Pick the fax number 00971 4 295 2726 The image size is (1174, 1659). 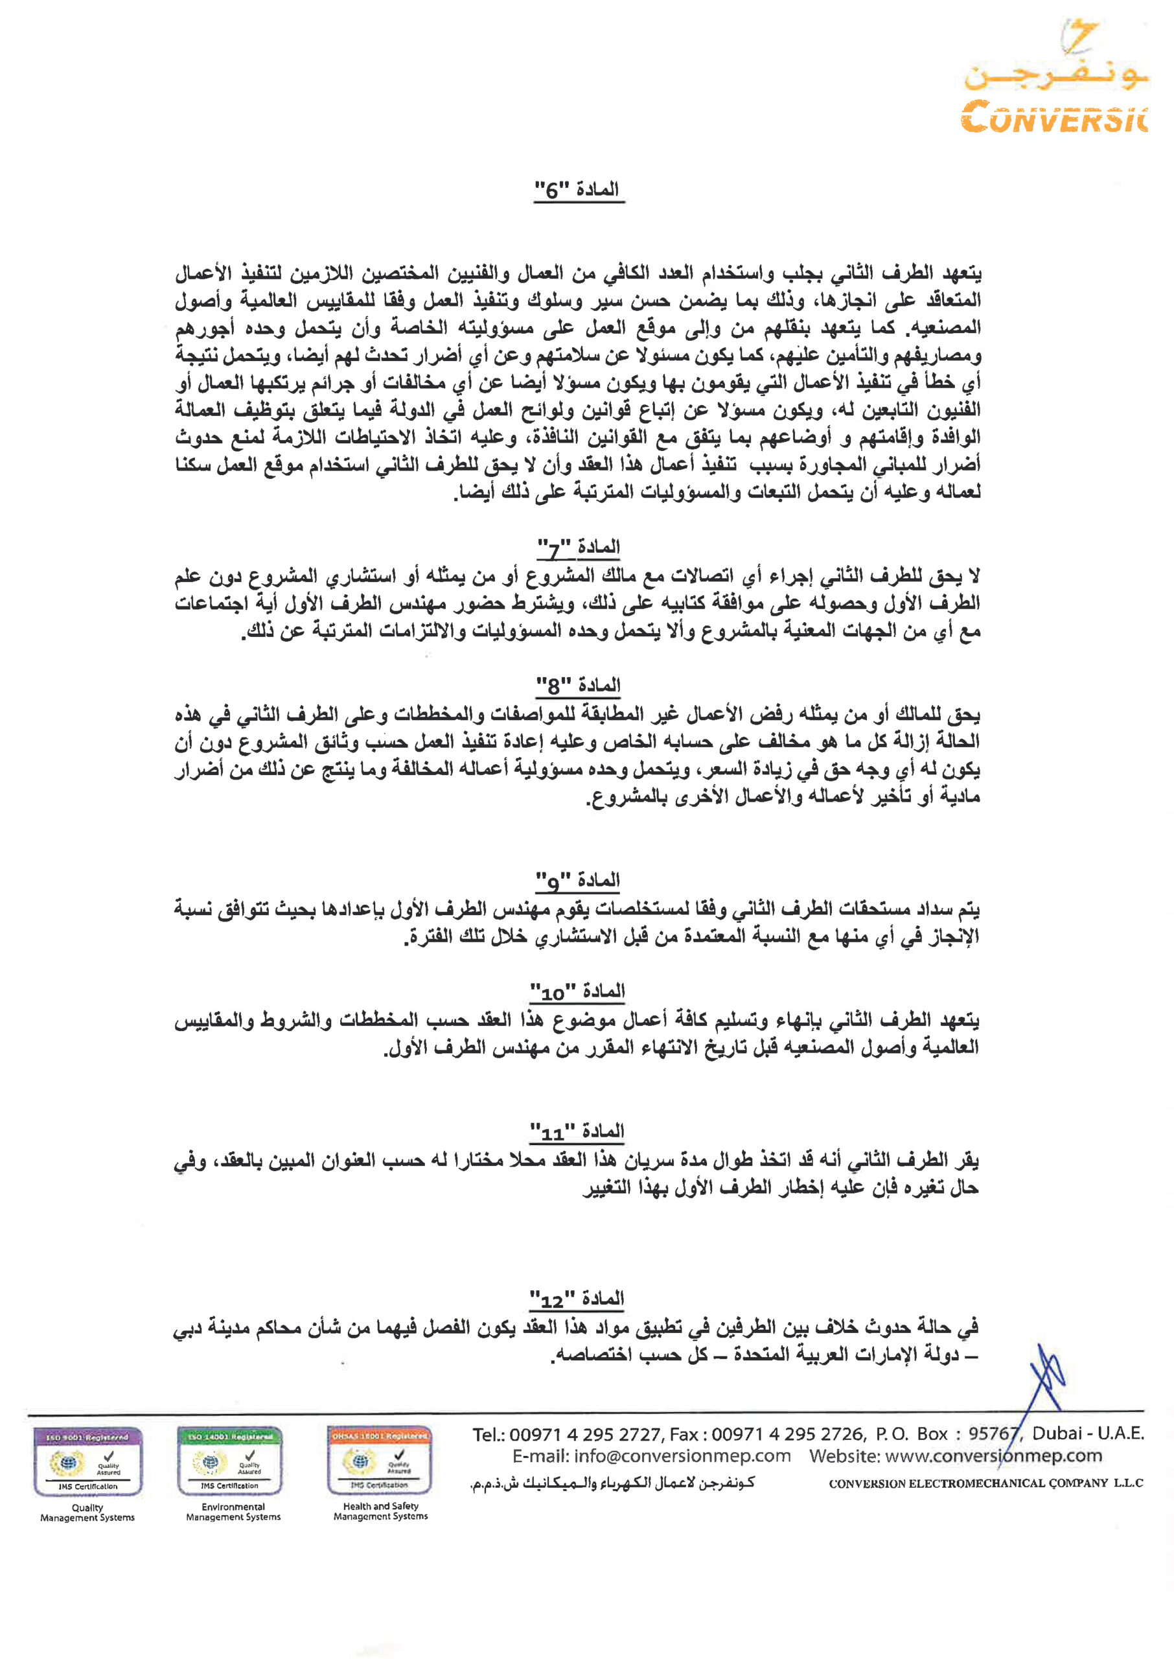tap(788, 1435)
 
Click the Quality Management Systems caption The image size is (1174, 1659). tap(87, 1513)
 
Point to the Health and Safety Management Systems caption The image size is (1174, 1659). tap(380, 1511)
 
